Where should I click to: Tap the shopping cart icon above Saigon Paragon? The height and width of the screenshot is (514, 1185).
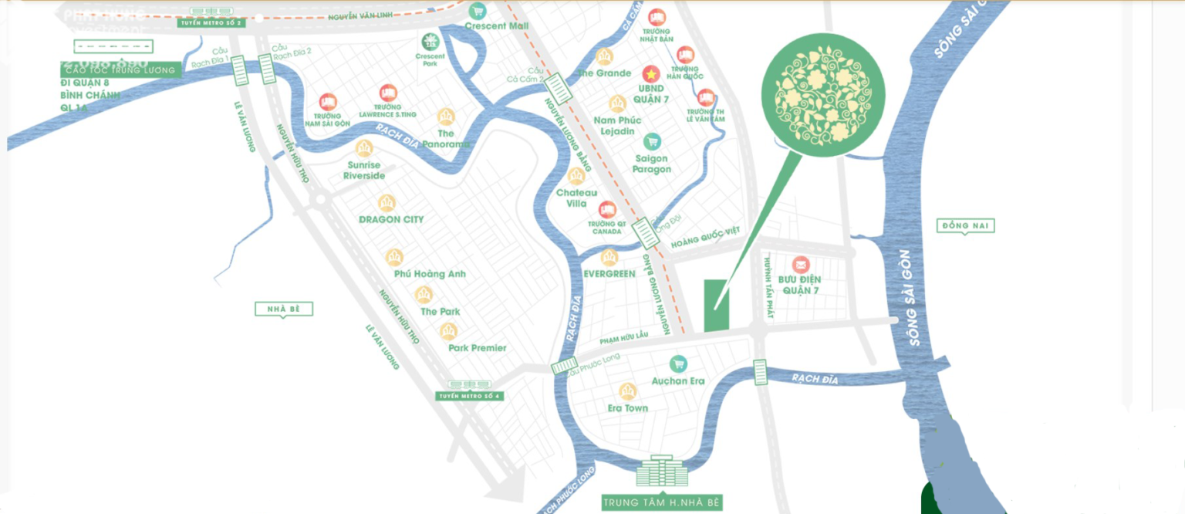pyautogui.click(x=653, y=141)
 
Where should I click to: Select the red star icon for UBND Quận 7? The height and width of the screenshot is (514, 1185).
pyautogui.click(x=653, y=74)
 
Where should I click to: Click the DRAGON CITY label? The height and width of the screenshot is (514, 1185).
pyautogui.click(x=391, y=220)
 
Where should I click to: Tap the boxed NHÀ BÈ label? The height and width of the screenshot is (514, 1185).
pyautogui.click(x=283, y=309)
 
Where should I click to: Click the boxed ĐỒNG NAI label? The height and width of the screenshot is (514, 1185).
pyautogui.click(x=965, y=226)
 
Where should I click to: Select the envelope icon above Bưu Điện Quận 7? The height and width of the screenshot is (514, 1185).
pyautogui.click(x=800, y=265)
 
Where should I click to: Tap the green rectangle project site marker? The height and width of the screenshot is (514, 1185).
pyautogui.click(x=716, y=306)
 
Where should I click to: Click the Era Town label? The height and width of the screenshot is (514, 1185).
pyautogui.click(x=628, y=408)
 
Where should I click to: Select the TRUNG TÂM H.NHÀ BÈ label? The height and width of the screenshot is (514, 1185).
pyautogui.click(x=663, y=502)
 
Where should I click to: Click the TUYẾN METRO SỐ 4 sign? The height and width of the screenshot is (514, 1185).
pyautogui.click(x=469, y=396)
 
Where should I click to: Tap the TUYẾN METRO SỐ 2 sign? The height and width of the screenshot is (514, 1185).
pyautogui.click(x=211, y=23)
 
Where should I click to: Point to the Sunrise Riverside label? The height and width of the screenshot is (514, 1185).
pyautogui.click(x=364, y=171)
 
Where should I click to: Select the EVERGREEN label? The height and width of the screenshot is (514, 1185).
pyautogui.click(x=609, y=274)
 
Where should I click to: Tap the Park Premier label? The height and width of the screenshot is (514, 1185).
pyautogui.click(x=477, y=348)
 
